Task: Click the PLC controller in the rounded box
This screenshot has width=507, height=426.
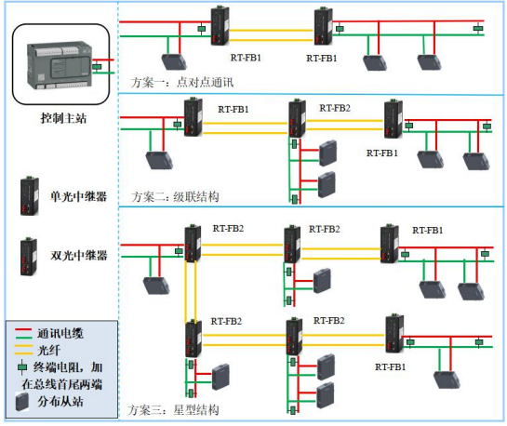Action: coord(60,65)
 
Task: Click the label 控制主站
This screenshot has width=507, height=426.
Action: coord(63,118)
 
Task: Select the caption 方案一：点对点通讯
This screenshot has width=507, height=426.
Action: coord(182,83)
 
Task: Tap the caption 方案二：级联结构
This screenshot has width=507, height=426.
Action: coord(175,196)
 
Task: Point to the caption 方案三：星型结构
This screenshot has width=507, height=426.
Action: coord(173,410)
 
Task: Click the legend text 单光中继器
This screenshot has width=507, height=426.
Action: coord(78,196)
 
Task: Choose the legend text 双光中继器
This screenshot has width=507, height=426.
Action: coord(78,256)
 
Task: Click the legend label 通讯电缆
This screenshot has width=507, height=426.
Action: coord(60,333)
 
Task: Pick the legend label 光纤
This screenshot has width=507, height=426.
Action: coord(49,351)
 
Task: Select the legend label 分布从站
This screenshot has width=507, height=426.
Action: coord(60,402)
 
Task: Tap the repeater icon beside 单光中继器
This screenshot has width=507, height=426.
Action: coord(30,196)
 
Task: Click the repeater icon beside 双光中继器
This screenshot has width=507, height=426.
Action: coord(29,257)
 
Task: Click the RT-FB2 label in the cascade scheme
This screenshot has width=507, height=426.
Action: coord(335,108)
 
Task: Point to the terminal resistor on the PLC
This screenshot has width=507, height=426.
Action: coord(97,67)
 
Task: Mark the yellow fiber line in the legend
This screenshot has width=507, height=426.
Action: coord(23,350)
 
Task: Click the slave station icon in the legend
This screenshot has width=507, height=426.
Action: coord(22,402)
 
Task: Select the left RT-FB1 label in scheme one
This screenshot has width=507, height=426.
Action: coord(246,58)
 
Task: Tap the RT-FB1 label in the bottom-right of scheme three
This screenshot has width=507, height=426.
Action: coord(391,366)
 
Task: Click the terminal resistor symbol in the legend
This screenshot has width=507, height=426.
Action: coord(22,367)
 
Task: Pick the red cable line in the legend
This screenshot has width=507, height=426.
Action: coord(23,329)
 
